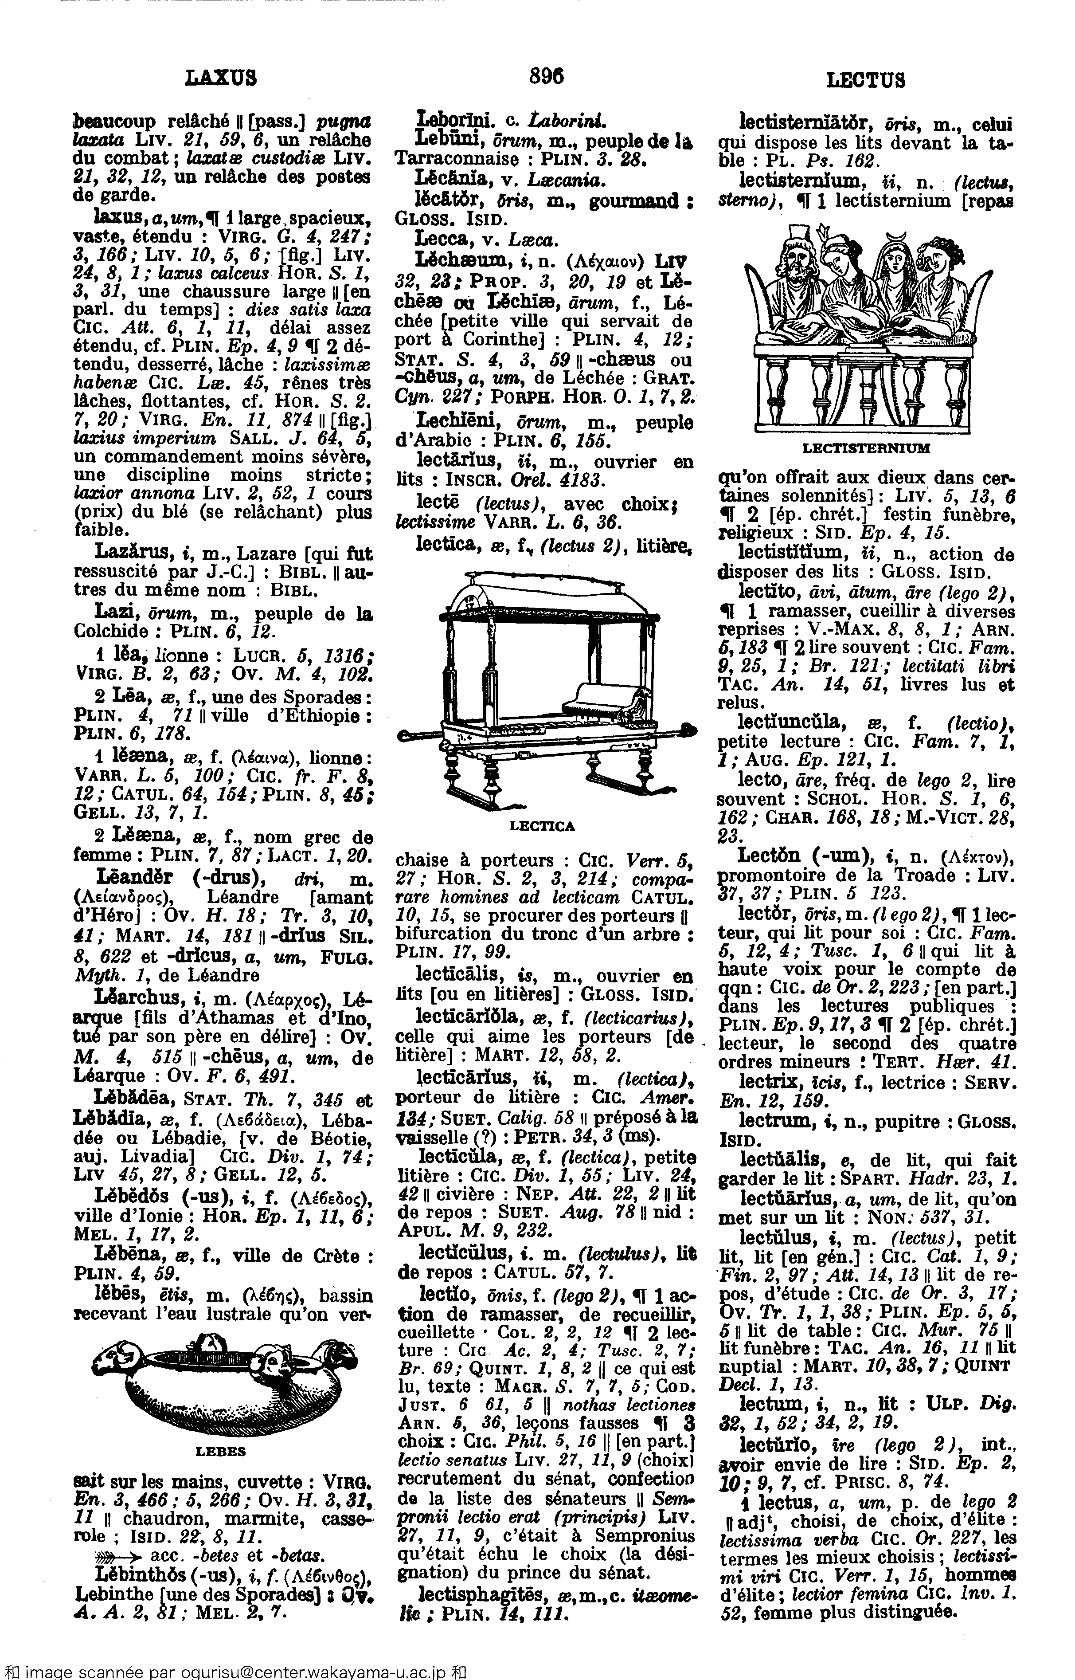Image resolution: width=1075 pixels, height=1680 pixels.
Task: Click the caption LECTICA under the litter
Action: pyautogui.click(x=542, y=827)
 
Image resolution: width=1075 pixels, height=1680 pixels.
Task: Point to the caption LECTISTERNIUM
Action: pyautogui.click(x=866, y=448)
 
